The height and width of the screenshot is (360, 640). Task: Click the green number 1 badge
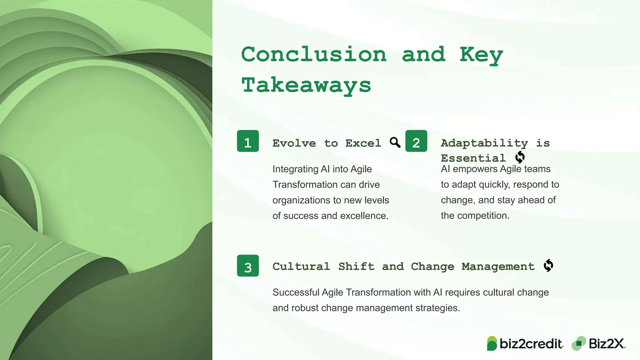(x=248, y=141)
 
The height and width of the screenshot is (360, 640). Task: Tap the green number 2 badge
(x=416, y=141)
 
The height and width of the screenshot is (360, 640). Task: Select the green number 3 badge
(x=248, y=266)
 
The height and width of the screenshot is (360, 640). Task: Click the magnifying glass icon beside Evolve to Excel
(x=395, y=142)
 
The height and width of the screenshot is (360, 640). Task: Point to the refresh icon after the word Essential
(x=520, y=157)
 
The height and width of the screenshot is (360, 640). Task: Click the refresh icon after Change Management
(x=548, y=266)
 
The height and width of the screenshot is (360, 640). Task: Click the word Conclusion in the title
(x=314, y=54)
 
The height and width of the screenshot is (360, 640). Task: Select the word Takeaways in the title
(x=306, y=85)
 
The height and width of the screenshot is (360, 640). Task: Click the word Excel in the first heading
(x=363, y=143)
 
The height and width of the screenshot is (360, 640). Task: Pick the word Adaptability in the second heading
(x=484, y=143)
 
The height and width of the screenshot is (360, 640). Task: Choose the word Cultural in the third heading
(x=301, y=266)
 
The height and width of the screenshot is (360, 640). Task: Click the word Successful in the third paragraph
(x=296, y=292)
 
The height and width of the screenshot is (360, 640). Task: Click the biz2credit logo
(x=525, y=343)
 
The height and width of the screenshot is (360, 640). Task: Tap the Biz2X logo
(x=598, y=343)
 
